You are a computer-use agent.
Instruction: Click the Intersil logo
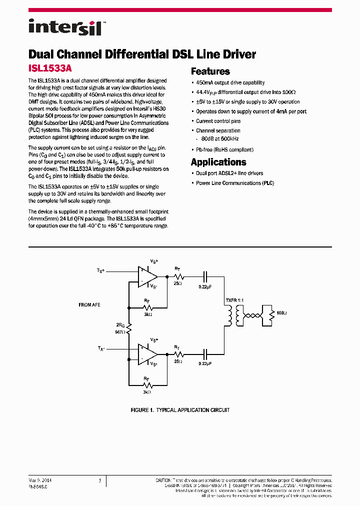[65, 26]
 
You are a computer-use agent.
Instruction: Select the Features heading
[210, 71]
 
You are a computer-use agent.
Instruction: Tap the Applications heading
[218, 162]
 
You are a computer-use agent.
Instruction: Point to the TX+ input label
[101, 270]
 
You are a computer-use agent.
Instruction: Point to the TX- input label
[101, 348]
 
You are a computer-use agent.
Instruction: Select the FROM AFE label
[89, 304]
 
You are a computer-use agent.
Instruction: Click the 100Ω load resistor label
[281, 313]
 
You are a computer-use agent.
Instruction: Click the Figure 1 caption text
[180, 410]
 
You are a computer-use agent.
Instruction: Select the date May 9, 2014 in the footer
[40, 480]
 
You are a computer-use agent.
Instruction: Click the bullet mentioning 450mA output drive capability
[230, 82]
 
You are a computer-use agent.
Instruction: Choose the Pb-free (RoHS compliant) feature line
[224, 149]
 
